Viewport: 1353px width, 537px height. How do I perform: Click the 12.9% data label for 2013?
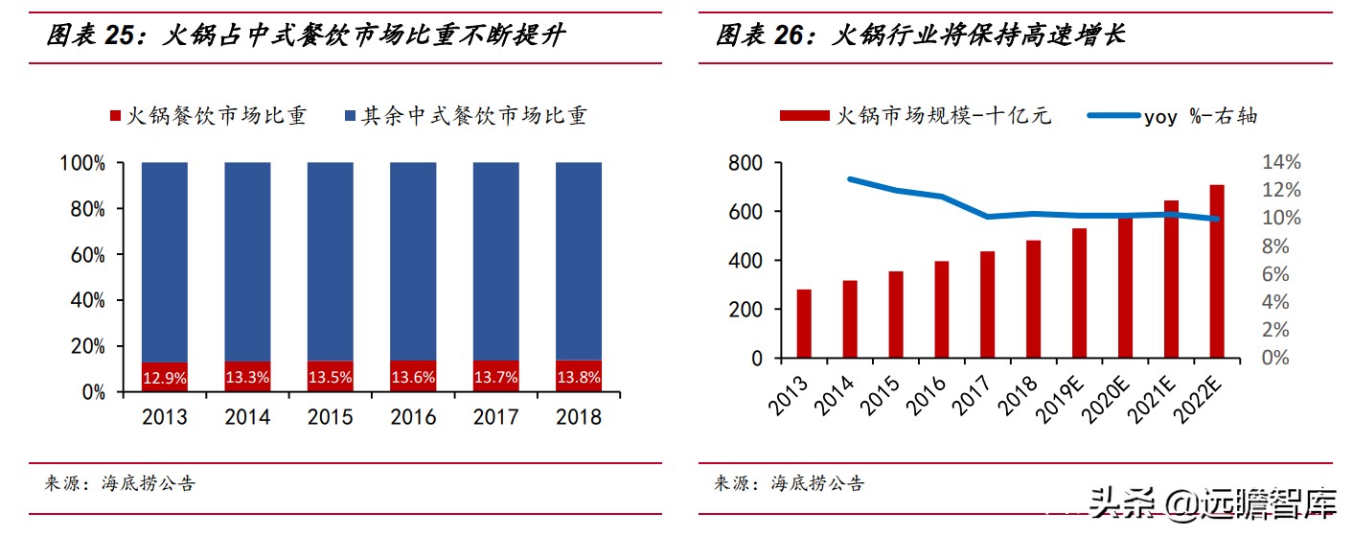coord(164,378)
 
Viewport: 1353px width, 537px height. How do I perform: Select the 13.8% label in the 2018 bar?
coord(579,378)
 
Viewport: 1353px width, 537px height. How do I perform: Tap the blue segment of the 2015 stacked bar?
coord(330,259)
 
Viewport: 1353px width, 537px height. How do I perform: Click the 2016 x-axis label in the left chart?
coord(413,417)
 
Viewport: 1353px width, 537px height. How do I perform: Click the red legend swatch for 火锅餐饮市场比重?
coord(117,117)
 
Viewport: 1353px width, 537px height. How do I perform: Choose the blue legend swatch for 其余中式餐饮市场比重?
coord(350,117)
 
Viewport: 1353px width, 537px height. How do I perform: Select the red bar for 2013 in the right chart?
coord(804,323)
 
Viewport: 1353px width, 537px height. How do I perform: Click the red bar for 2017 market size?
coord(987,304)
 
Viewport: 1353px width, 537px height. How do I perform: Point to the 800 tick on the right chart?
coord(745,164)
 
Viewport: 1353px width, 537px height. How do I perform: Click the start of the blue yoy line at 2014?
coord(850,179)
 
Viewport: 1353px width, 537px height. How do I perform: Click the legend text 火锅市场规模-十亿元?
coord(944,116)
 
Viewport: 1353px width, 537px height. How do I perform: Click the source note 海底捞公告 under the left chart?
coord(148,483)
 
